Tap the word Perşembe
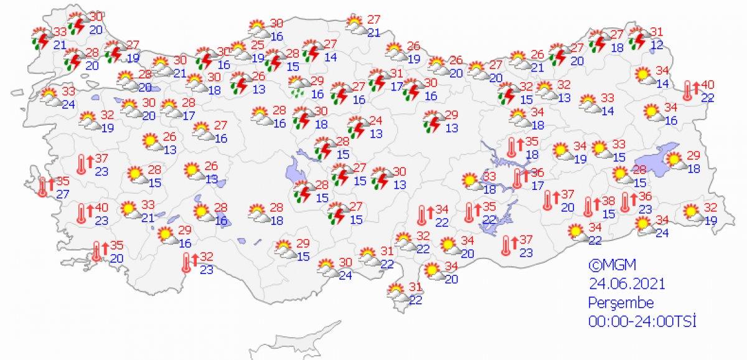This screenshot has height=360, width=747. (x=621, y=303)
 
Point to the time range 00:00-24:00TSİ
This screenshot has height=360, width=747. (x=642, y=321)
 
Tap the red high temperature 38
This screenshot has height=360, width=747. (x=608, y=201)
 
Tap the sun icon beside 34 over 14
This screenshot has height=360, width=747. (x=642, y=75)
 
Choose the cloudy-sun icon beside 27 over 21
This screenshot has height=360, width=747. (x=355, y=24)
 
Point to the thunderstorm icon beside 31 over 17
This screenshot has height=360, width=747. (x=377, y=80)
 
